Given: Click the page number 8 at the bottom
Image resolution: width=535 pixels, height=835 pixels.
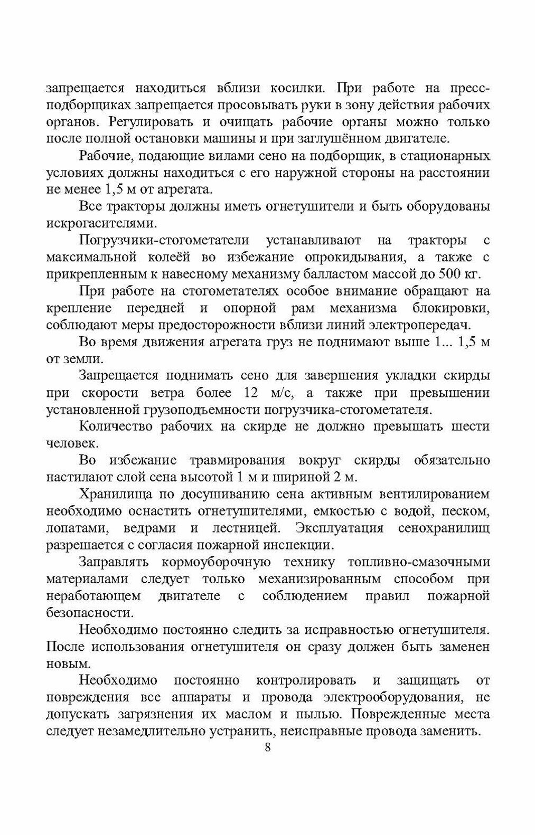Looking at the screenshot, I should pos(267,747).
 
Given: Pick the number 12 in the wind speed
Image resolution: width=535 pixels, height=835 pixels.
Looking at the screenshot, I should pos(250,393).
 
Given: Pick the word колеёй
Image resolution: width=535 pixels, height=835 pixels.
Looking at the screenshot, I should pos(185,258).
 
